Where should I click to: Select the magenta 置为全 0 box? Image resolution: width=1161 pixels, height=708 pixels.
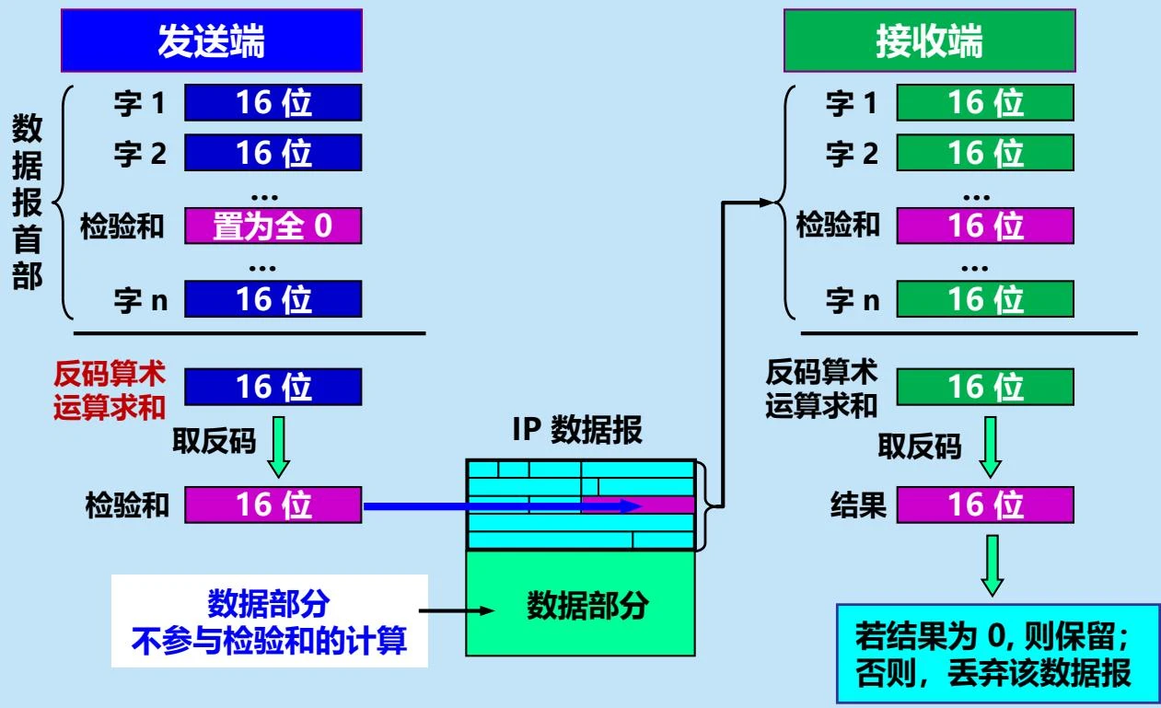point(273,226)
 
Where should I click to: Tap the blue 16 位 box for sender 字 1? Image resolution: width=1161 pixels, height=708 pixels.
point(273,102)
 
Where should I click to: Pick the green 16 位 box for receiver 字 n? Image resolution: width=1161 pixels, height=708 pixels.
point(984,299)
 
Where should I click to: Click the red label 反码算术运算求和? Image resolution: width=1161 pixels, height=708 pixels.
point(110,390)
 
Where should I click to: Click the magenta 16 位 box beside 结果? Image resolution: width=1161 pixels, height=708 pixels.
point(984,505)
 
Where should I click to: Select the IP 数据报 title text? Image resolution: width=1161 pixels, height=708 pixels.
point(577,432)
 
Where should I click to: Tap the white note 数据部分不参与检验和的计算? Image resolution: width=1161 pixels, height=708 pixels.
point(270,621)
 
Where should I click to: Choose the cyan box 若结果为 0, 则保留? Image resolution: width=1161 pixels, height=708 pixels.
point(996,655)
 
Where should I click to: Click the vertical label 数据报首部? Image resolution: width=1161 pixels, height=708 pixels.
point(28,203)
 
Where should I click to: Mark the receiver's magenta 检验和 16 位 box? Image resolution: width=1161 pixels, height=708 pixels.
point(984,226)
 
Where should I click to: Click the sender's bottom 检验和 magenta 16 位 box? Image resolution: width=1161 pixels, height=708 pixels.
point(273,505)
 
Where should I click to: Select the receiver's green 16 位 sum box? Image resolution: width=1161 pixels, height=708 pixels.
point(984,387)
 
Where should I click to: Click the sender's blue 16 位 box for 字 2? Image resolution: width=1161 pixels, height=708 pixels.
point(273,153)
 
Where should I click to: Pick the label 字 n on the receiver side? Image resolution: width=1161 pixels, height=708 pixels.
point(852,301)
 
